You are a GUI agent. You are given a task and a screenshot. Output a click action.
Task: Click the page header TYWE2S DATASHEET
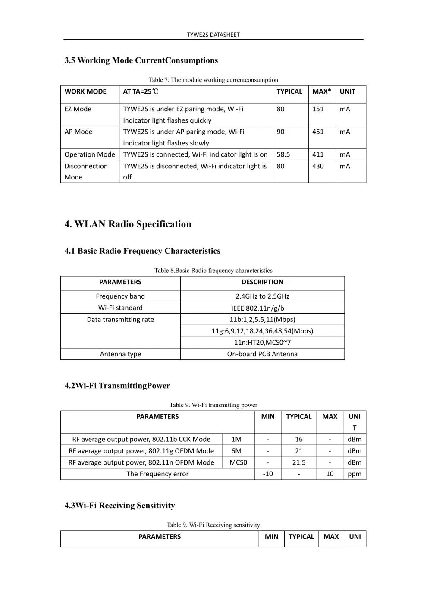pos(213,35)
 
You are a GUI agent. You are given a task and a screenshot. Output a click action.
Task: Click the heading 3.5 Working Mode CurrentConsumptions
pos(141,60)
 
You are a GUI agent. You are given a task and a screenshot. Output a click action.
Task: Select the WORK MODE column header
pos(85,91)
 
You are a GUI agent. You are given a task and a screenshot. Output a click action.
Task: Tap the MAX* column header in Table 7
pos(321,91)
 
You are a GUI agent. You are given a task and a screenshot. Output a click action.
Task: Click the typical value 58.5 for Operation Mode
pos(283,154)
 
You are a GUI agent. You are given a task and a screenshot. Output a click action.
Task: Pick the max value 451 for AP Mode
pos(318,132)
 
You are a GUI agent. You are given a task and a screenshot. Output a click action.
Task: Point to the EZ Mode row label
pos(78,109)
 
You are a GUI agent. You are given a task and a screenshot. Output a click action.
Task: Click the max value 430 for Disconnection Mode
pos(318,166)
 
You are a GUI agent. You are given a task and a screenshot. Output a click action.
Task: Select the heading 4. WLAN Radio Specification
pos(128,224)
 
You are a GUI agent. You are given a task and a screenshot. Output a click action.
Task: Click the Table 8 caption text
pos(213,271)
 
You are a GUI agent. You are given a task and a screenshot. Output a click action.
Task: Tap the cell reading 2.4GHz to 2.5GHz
pos(262,296)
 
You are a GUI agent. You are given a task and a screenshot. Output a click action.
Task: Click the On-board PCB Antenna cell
pos(262,354)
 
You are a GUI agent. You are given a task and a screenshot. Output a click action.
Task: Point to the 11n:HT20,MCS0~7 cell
pos(262,343)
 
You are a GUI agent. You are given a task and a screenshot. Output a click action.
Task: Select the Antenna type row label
pos(120,354)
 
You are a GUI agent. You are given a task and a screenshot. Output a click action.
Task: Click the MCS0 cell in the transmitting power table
pos(238,462)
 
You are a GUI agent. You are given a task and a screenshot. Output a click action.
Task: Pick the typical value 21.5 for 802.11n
pos(298,462)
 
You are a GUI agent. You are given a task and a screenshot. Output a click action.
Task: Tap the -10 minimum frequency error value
pos(267,474)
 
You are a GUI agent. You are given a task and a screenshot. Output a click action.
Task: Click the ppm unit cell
pos(354,474)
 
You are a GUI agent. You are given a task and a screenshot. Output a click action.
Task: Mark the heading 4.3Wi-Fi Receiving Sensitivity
pos(119,506)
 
